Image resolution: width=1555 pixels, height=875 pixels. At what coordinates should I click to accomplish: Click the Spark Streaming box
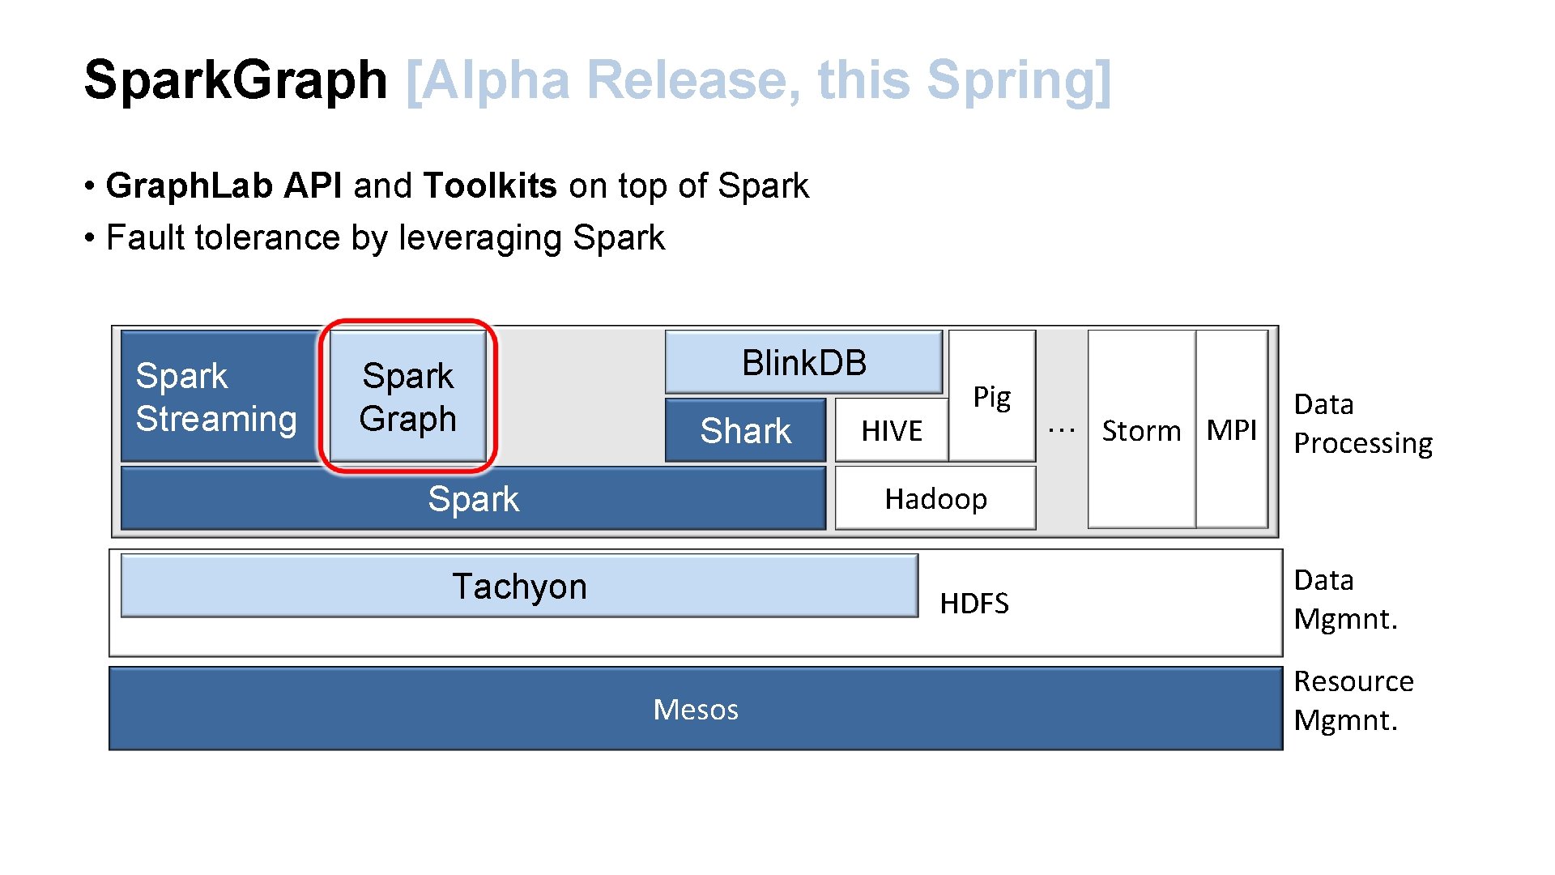pos(217,396)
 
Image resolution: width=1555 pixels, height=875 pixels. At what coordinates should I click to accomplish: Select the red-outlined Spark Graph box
pos(408,396)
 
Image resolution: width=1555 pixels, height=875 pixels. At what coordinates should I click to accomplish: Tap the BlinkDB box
pos(803,362)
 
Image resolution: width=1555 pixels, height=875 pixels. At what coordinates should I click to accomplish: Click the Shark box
pos(745,430)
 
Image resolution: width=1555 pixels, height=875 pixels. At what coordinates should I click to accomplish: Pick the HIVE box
pos(891,430)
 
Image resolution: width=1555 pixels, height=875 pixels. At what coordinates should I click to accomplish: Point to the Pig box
pos(992,396)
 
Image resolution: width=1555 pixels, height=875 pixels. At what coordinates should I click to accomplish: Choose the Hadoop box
pos(935,498)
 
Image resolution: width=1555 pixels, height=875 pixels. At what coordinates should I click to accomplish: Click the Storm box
pos(1141,430)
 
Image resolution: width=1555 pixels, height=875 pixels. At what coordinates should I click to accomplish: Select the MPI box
pos(1231,430)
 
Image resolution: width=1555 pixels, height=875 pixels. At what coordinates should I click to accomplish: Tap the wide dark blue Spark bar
pos(473,498)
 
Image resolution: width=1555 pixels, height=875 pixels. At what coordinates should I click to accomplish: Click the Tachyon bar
pos(519,586)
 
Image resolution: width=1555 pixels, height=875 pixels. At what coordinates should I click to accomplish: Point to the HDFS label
pos(974,604)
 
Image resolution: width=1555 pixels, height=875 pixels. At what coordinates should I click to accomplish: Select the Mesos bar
pos(696,709)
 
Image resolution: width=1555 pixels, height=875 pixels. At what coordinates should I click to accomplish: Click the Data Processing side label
pos(1363,424)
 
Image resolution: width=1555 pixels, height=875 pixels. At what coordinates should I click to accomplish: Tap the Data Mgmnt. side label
pos(1345,600)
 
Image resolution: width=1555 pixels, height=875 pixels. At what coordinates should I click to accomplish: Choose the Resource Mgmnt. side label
pos(1353,701)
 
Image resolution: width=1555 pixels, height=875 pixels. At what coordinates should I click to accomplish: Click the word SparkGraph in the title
pos(236,80)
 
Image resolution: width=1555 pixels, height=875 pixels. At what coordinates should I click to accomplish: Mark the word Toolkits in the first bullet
pos(490,186)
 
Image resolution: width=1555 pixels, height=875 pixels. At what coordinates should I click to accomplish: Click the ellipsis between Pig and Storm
pos(1061,430)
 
